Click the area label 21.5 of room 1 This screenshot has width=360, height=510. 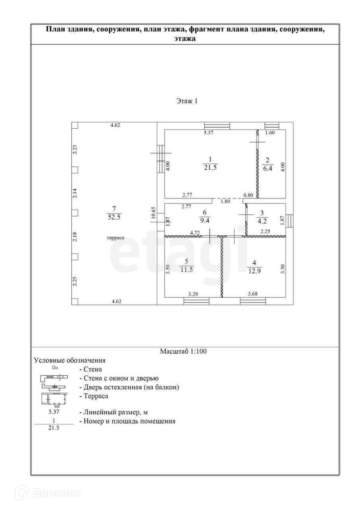tap(211, 168)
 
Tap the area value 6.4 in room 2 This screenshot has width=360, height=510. tap(267, 169)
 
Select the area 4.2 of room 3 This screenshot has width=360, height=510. tap(262, 221)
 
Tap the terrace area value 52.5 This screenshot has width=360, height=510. tap(114, 217)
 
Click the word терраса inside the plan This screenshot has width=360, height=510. tap(115, 237)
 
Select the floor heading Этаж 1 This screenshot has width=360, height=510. tap(187, 101)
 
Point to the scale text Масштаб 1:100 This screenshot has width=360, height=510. tap(183, 351)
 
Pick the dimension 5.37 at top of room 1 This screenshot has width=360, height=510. tap(209, 133)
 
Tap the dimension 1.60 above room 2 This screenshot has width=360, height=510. tap(270, 133)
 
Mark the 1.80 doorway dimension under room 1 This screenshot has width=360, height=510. tap(225, 201)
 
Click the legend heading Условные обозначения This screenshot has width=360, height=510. tap(70, 361)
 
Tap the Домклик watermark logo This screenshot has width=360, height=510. tap(52, 493)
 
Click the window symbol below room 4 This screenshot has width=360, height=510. tap(253, 301)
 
